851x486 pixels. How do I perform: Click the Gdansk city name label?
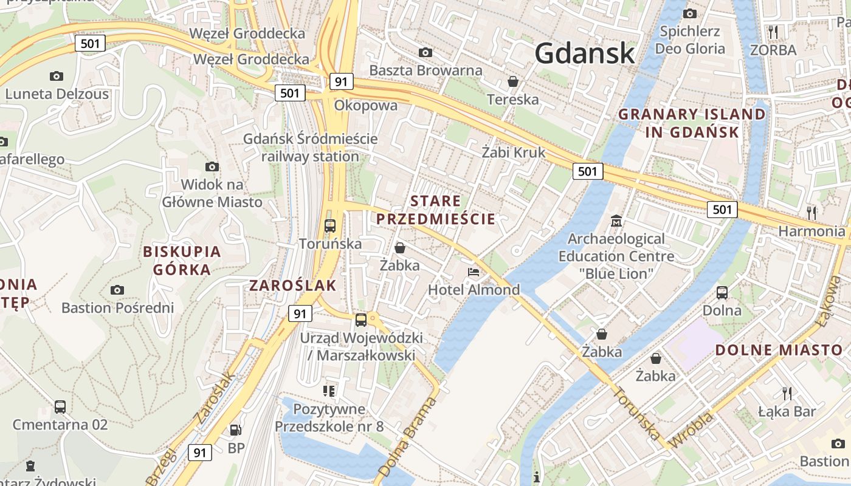(585, 53)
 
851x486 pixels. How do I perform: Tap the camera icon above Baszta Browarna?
(425, 52)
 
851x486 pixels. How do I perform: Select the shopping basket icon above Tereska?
(513, 81)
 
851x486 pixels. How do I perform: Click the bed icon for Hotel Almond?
(474, 272)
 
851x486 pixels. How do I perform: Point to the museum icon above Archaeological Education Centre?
(616, 221)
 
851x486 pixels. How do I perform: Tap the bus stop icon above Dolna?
(722, 292)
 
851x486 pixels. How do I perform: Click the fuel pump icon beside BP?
(235, 430)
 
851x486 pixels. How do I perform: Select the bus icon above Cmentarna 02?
(60, 406)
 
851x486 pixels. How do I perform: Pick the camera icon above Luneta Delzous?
(57, 76)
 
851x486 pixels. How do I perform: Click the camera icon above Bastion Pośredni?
(117, 290)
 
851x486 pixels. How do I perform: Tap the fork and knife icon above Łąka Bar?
(787, 393)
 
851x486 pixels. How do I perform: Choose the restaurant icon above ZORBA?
(773, 32)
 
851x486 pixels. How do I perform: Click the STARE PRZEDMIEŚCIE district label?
(435, 210)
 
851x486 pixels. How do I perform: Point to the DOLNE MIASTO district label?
(779, 350)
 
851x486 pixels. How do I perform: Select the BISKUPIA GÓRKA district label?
(182, 260)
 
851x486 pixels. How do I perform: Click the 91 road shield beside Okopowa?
(342, 81)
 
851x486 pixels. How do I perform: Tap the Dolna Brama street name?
(407, 437)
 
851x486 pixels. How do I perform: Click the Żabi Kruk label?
(514, 152)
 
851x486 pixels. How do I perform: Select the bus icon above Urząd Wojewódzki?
(361, 320)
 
